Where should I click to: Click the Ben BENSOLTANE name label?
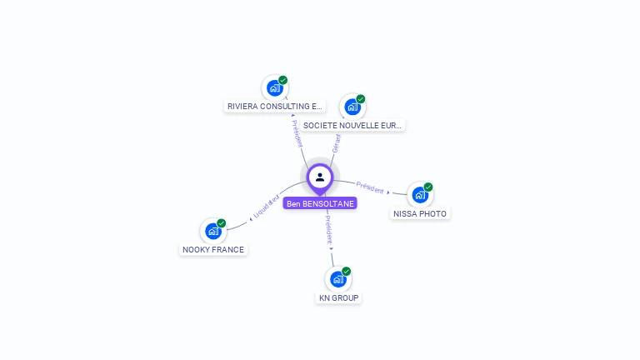[x=320, y=203]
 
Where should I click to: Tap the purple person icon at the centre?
[x=320, y=177]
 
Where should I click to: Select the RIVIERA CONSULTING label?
[x=275, y=107]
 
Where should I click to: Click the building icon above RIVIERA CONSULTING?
[x=274, y=87]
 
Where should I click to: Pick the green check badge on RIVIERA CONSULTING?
[x=283, y=80]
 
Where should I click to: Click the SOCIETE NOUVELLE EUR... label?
[x=352, y=125]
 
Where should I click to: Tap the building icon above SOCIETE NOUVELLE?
[x=352, y=107]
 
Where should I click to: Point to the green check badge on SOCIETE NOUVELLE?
[x=361, y=99]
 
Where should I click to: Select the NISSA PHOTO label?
[x=420, y=213]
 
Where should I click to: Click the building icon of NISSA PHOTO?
[x=420, y=195]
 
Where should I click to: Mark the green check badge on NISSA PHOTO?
[x=428, y=187]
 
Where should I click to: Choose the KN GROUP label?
[x=339, y=297]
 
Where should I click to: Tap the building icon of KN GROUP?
[x=338, y=279]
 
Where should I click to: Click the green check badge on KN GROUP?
[x=347, y=272]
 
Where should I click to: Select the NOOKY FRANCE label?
[x=214, y=249]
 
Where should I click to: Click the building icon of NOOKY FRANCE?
[x=213, y=231]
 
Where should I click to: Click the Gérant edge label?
[x=337, y=142]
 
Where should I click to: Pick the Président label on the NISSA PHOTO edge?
[x=369, y=187]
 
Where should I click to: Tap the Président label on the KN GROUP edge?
[x=328, y=227]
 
